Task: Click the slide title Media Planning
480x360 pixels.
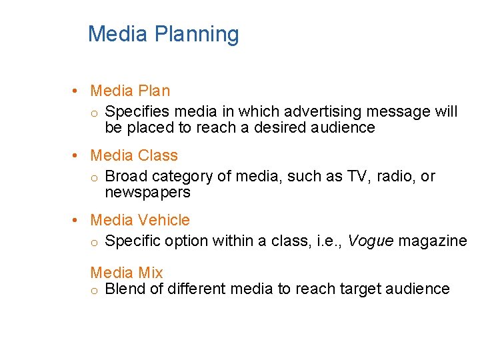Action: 163,34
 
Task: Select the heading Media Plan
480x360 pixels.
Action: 130,91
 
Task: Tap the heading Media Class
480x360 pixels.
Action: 134,155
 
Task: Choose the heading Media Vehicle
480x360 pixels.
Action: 140,220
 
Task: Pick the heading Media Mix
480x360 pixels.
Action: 127,272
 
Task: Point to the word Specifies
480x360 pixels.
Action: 136,111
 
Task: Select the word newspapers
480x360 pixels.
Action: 147,193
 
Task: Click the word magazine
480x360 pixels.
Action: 432,241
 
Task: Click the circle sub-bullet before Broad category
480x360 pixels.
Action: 95,177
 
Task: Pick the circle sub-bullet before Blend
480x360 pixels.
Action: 95,290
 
